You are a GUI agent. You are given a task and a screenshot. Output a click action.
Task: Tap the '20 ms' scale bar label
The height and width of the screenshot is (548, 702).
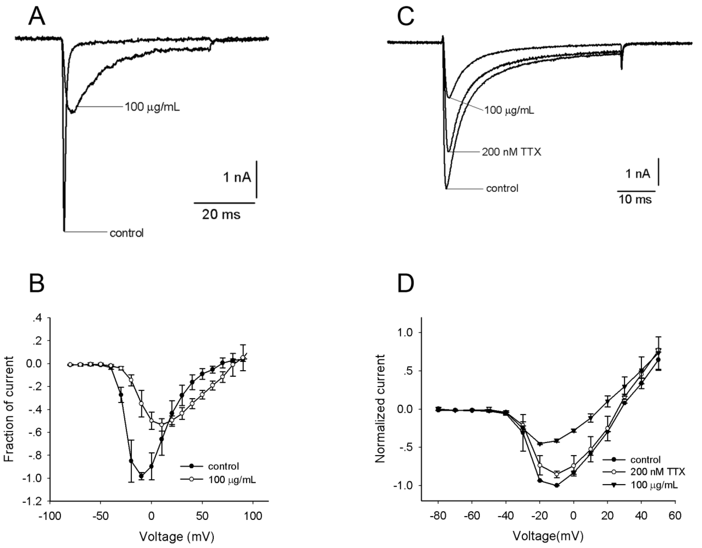click(221, 214)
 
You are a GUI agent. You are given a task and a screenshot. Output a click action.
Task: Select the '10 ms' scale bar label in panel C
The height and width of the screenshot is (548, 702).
click(635, 199)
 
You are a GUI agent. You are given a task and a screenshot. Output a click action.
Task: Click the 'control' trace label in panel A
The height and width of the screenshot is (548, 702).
click(126, 233)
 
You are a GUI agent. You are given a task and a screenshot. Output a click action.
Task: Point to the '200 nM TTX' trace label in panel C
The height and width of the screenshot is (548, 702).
click(511, 152)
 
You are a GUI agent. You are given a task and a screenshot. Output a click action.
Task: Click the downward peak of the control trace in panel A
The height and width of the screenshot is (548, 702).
click(64, 230)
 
